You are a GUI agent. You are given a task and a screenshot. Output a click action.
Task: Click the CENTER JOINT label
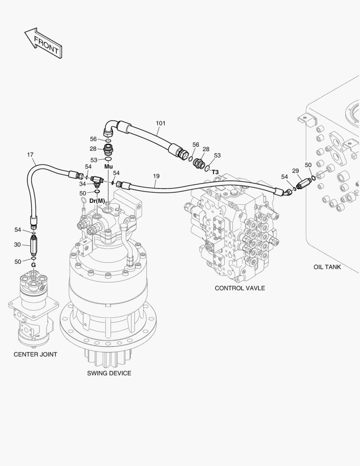click(x=35, y=354)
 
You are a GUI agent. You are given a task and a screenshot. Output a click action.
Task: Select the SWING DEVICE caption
click(x=109, y=373)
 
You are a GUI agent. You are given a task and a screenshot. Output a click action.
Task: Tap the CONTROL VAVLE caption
click(x=240, y=288)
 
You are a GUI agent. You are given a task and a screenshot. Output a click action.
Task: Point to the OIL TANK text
click(x=327, y=267)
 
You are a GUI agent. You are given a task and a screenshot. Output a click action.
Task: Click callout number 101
click(x=160, y=123)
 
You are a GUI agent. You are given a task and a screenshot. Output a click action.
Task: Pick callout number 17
click(x=30, y=154)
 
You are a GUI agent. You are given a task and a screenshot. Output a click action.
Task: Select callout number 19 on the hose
click(x=156, y=176)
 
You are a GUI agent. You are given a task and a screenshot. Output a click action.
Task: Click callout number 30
click(x=17, y=245)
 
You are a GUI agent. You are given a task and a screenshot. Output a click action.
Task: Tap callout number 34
click(x=82, y=184)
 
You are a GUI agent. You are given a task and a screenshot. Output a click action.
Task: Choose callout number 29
click(x=295, y=171)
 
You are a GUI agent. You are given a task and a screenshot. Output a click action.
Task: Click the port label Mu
click(x=108, y=166)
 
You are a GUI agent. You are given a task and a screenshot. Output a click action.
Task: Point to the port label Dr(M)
click(x=97, y=201)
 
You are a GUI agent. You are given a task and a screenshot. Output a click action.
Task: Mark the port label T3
click(x=215, y=172)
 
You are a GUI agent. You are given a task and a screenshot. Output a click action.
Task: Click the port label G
click(x=33, y=264)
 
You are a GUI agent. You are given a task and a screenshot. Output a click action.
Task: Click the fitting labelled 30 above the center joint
click(x=34, y=245)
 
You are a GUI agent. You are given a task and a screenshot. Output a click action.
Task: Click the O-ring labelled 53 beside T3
click(x=208, y=167)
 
